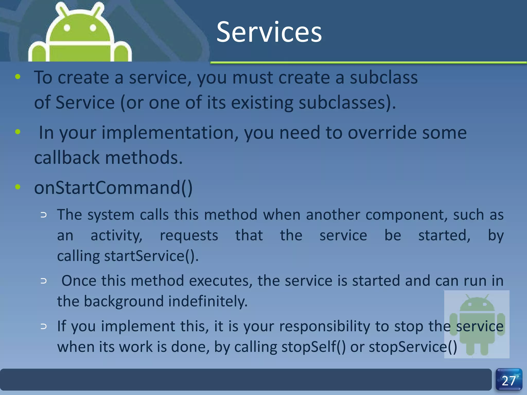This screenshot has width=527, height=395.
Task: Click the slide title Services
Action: click(x=269, y=32)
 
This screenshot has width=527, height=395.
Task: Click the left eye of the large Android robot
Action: click(x=67, y=28)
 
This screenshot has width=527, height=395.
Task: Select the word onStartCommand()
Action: click(x=113, y=188)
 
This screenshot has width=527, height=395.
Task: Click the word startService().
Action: click(x=151, y=256)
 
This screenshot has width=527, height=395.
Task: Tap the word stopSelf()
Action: click(x=313, y=347)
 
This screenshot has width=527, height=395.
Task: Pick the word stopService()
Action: click(x=413, y=347)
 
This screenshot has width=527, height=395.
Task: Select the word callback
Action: click(x=67, y=158)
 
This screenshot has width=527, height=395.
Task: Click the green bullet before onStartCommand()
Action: click(x=18, y=187)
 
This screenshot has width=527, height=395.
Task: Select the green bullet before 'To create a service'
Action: click(x=18, y=77)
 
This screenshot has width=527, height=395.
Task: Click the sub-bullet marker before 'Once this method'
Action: click(x=44, y=281)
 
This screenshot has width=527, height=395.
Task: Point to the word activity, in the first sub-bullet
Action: click(x=116, y=236)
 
